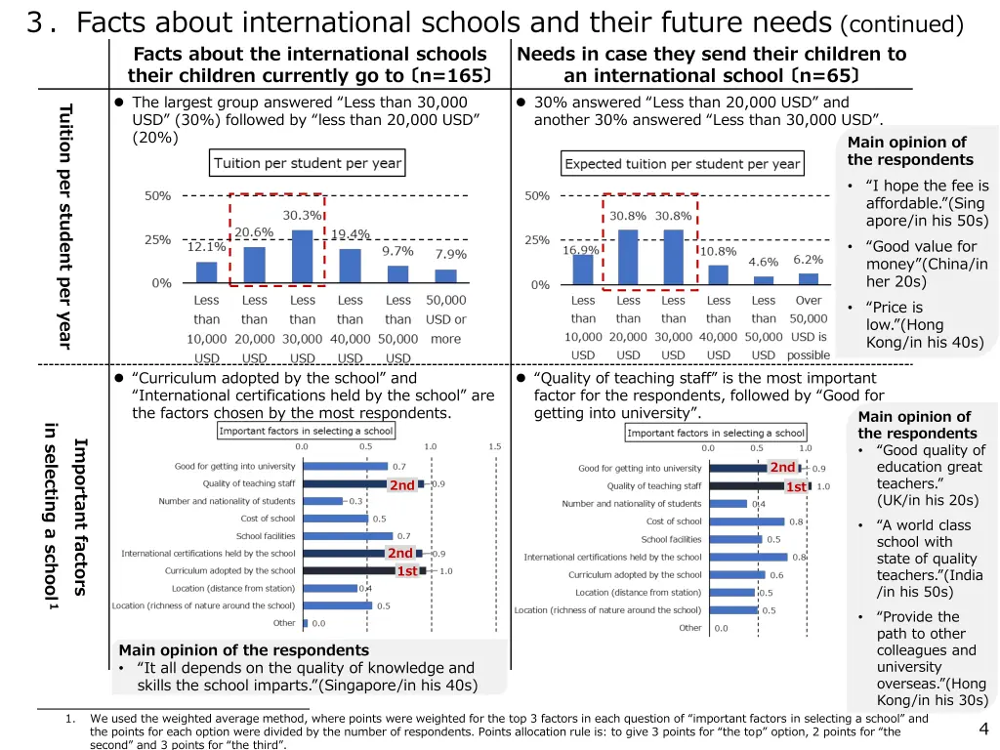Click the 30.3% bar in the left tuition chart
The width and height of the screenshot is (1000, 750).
point(303,257)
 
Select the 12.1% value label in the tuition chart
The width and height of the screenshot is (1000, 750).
point(206,247)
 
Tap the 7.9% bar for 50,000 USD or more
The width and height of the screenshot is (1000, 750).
point(446,275)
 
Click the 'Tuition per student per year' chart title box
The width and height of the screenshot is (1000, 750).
point(308,163)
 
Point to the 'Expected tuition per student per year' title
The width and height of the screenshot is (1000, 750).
point(683,164)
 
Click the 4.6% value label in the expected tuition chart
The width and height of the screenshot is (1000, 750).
point(763,262)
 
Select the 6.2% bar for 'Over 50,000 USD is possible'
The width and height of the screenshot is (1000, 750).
point(808,278)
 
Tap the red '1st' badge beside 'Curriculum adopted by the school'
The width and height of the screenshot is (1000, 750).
point(407,571)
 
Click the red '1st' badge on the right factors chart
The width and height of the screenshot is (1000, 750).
point(797,486)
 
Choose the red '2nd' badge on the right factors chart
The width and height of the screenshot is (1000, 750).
point(782,468)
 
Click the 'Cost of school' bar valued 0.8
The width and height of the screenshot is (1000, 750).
point(747,521)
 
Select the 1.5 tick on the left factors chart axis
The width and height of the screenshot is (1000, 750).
point(495,446)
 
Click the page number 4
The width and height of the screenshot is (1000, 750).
point(982,728)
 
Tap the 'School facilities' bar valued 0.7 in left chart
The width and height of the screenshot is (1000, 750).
point(348,536)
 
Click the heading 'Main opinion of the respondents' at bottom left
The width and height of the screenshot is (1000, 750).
point(243,650)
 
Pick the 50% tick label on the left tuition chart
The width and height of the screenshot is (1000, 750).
point(157,195)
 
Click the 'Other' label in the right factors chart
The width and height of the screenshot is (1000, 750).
point(689,628)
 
